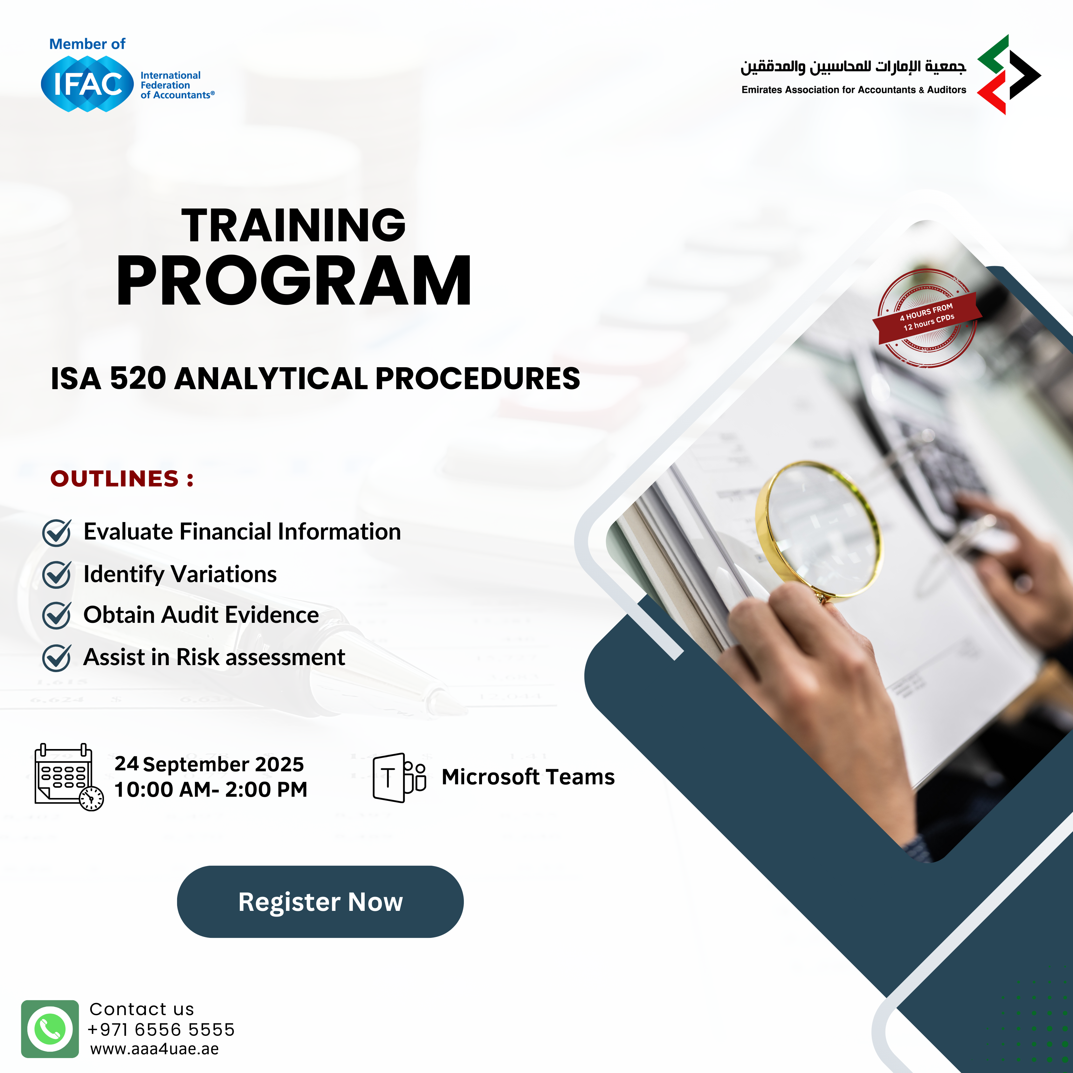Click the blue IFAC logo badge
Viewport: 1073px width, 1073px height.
87,84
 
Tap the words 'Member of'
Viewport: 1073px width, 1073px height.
87,44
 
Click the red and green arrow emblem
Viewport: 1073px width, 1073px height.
1008,74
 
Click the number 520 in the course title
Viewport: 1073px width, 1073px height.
138,378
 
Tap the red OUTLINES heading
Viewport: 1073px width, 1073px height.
122,478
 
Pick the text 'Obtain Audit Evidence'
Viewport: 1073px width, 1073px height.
201,615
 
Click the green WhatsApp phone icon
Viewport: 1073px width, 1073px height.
50,1029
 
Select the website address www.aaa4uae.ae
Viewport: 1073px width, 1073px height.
155,1049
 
